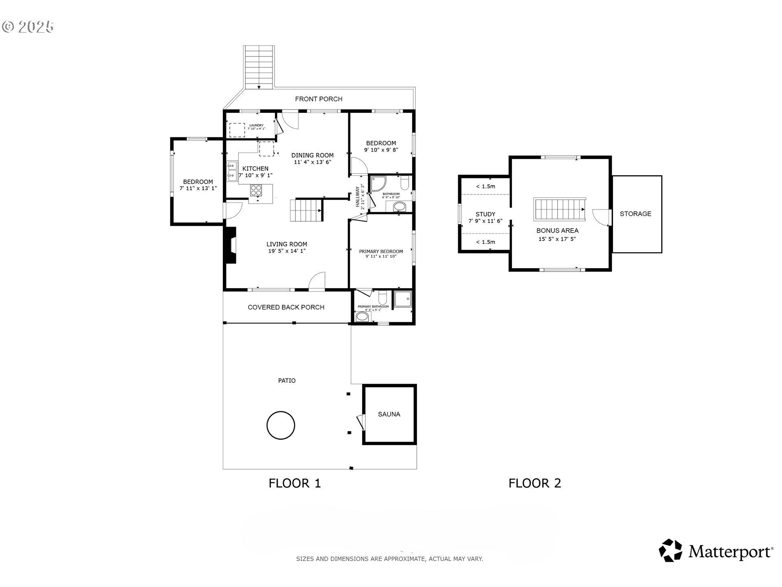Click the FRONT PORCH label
point(319,99)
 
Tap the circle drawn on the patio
point(281,425)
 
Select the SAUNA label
point(389,414)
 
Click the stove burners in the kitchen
point(256,190)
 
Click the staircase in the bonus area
point(560,210)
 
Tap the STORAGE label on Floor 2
point(635,214)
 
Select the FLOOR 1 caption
point(294,483)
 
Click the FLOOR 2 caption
point(534,483)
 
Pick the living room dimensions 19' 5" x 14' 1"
point(287,251)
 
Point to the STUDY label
point(485,214)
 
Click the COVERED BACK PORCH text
point(286,307)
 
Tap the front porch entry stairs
point(259,67)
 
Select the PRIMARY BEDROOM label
point(381,252)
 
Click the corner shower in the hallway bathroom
point(377,183)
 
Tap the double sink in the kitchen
point(232,171)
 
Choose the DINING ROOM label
point(312,155)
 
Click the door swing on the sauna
point(360,421)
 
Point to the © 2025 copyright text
point(28,27)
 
